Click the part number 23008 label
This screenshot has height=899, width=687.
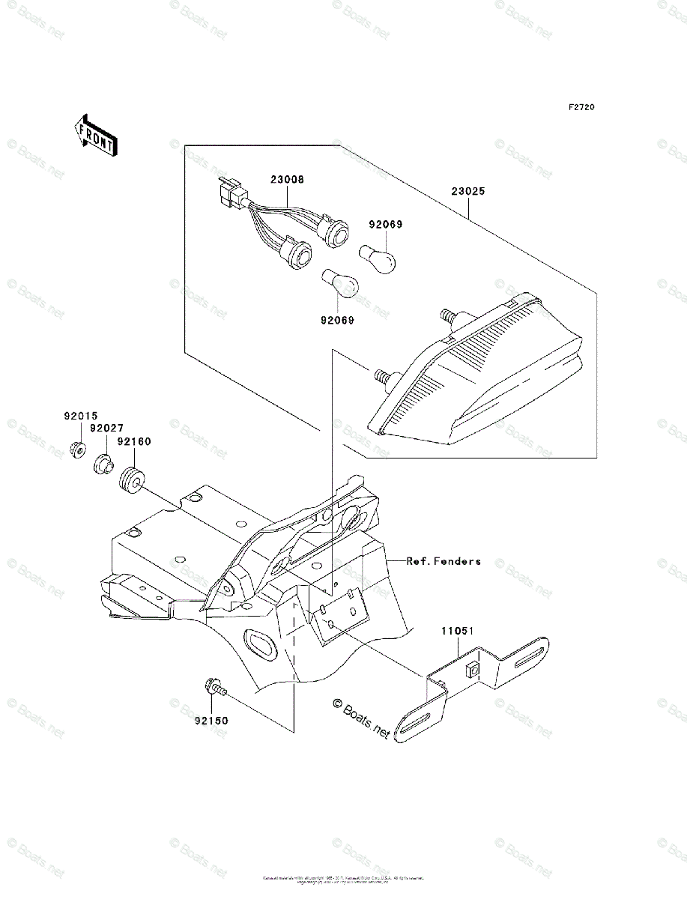tap(288, 181)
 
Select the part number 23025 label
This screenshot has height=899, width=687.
tap(468, 191)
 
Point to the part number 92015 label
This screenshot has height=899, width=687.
tap(80, 414)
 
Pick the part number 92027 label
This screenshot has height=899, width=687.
tap(107, 428)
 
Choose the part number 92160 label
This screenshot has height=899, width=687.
tap(134, 441)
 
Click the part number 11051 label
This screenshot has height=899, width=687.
tap(456, 632)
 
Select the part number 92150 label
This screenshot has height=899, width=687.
tap(211, 721)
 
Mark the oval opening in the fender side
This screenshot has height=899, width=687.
tap(259, 643)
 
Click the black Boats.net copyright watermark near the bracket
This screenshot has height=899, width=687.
tap(361, 718)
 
